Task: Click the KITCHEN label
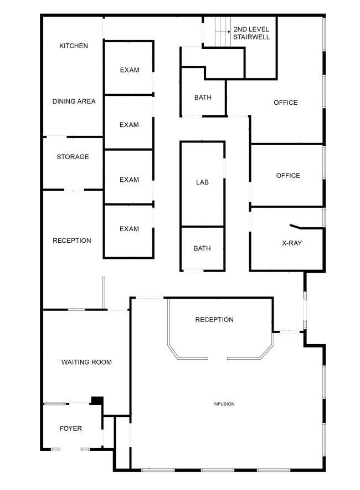[74, 46]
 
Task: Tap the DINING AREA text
[74, 101]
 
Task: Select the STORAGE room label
[73, 156]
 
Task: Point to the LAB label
[202, 182]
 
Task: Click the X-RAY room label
[292, 243]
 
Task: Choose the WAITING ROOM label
[86, 362]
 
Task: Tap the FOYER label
[70, 428]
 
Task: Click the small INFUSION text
[224, 404]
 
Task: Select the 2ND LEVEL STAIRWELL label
[251, 33]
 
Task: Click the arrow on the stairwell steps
[223, 32]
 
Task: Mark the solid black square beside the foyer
[97, 401]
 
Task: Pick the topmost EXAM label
[130, 70]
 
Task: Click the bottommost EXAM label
[129, 229]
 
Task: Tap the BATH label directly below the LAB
[202, 248]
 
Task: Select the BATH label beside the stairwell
[203, 98]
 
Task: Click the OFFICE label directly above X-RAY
[288, 176]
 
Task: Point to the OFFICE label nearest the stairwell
[285, 103]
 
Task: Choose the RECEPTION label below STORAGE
[72, 241]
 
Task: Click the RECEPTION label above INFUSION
[214, 320]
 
